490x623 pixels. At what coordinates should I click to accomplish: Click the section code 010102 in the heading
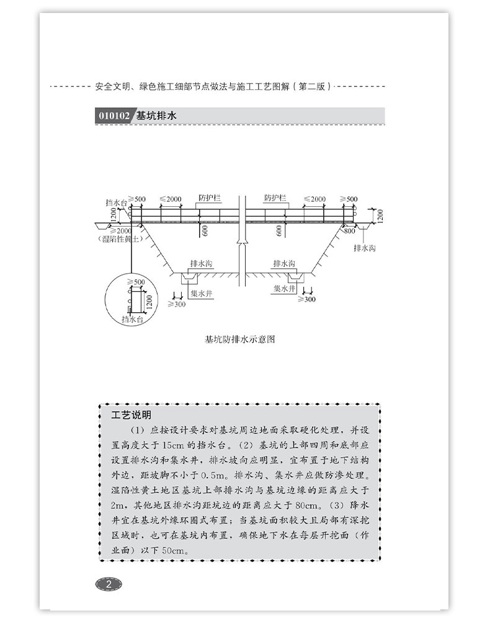coord(113,116)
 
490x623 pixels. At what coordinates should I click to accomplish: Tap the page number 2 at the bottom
coord(109,583)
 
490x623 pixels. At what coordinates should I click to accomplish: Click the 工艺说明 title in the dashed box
coord(127,414)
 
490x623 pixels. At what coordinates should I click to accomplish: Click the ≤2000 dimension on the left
coord(171,199)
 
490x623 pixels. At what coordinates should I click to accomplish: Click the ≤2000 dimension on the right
coord(314,199)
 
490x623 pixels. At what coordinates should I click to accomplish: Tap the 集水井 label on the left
coord(202,294)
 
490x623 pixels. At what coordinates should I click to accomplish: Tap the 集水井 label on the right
coord(285,287)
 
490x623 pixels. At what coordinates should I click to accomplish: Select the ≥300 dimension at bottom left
coord(176,304)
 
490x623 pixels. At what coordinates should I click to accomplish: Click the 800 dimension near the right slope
coord(349,230)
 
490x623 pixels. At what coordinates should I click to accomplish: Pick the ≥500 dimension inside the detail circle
coord(135,282)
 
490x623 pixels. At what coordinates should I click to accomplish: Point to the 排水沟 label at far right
coord(364,248)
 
